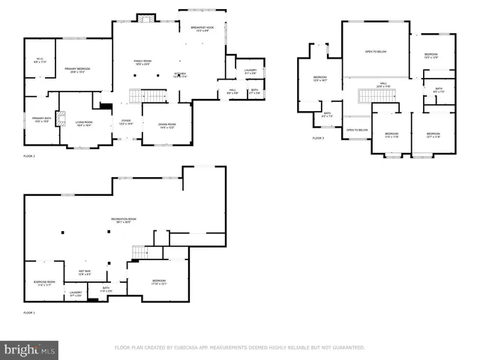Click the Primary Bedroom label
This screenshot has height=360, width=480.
click(x=73, y=70)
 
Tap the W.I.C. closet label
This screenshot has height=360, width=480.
click(x=40, y=61)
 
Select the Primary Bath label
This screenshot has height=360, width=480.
click(x=40, y=119)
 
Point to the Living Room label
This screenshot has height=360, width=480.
click(x=82, y=124)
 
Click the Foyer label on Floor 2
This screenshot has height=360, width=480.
click(x=126, y=122)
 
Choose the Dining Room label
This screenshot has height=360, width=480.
click(x=166, y=125)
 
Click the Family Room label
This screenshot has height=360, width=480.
click(x=142, y=62)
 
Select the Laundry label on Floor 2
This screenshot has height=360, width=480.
click(x=250, y=71)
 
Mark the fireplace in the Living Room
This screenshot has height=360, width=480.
click(x=106, y=108)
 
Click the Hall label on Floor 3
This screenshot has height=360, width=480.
click(x=382, y=84)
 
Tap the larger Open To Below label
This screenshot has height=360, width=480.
click(x=376, y=52)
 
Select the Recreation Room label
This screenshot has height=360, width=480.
click(x=124, y=220)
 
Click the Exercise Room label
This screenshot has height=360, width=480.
click(x=44, y=283)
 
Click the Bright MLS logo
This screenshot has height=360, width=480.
click(x=30, y=349)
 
